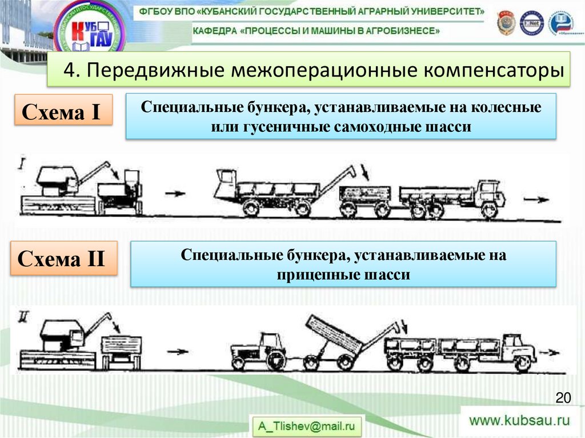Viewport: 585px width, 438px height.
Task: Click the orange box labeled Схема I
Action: coord(62,111)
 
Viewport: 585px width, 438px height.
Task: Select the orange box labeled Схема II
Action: coord(62,259)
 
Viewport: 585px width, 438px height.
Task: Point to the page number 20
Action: coord(563,397)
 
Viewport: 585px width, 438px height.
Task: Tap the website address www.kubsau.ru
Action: coord(520,421)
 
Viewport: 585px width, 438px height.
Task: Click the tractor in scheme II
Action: coord(260,350)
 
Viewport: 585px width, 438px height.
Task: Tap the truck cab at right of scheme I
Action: coord(491,194)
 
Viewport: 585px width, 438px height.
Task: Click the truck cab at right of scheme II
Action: coord(520,349)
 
